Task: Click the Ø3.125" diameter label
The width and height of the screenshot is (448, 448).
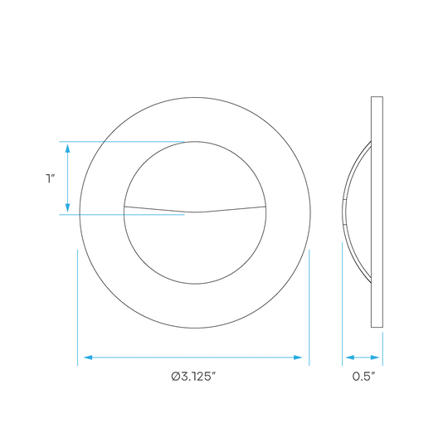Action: tap(193, 377)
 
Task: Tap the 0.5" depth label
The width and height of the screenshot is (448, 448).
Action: tap(363, 377)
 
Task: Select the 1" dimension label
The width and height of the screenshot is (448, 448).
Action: tap(51, 178)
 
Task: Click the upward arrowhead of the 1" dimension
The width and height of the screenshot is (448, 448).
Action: tap(68, 148)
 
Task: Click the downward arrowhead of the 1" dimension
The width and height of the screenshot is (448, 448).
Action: tap(68, 208)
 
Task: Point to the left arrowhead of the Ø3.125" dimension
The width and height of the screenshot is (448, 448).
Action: tap(88, 358)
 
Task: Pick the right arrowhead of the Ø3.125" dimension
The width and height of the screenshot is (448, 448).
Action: tap(298, 358)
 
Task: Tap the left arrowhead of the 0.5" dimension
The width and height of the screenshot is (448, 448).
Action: tap(350, 358)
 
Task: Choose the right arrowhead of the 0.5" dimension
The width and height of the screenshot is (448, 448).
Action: tap(375, 358)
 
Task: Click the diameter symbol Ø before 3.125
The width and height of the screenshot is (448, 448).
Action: tap(175, 377)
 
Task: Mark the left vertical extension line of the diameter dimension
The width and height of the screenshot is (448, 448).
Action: tap(77, 308)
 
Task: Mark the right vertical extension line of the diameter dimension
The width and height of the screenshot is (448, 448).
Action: tap(309, 308)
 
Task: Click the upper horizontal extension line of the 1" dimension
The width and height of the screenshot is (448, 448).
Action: tap(122, 141)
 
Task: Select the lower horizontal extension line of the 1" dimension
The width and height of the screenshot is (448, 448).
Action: tap(122, 214)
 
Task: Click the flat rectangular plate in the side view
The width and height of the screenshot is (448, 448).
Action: tap(377, 212)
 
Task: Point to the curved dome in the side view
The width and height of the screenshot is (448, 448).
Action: tap(344, 212)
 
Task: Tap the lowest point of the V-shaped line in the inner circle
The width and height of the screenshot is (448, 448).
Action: tap(195, 212)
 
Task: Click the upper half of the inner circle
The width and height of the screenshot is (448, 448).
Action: tap(195, 142)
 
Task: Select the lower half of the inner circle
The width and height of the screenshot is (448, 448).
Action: tap(195, 284)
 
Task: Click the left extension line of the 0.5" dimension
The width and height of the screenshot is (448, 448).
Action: tap(343, 304)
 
